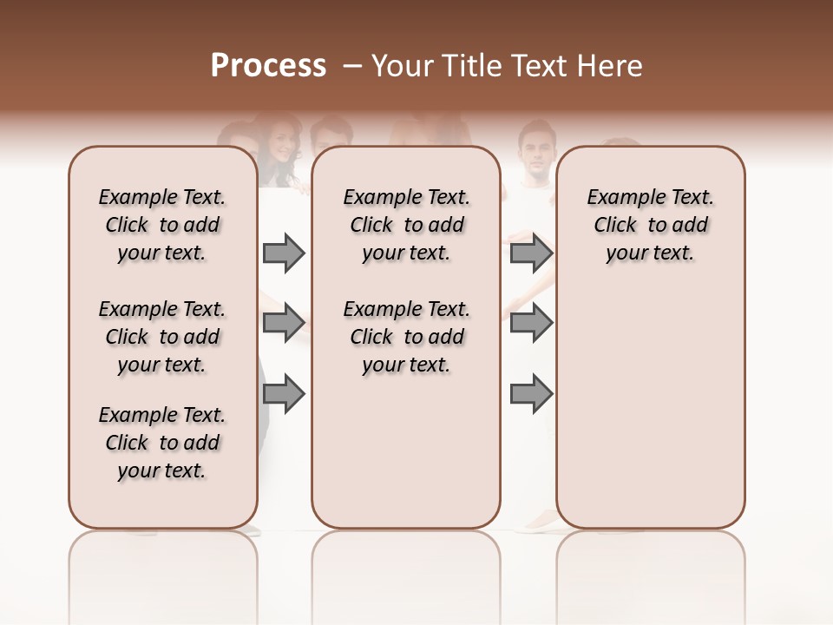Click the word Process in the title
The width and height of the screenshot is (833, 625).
point(268,65)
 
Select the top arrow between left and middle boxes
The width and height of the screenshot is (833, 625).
point(284,253)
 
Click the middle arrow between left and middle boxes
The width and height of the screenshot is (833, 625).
point(284,323)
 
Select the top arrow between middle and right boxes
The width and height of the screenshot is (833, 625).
point(531,253)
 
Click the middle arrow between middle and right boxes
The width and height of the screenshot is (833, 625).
point(531,323)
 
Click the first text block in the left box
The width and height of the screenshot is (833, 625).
point(162,225)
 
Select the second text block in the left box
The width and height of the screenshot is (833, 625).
point(162,337)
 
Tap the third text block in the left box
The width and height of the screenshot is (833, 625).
point(162,443)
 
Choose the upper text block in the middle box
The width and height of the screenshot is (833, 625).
point(406,225)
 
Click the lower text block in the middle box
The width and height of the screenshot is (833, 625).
point(406,337)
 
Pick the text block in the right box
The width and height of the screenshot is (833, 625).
point(651,225)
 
